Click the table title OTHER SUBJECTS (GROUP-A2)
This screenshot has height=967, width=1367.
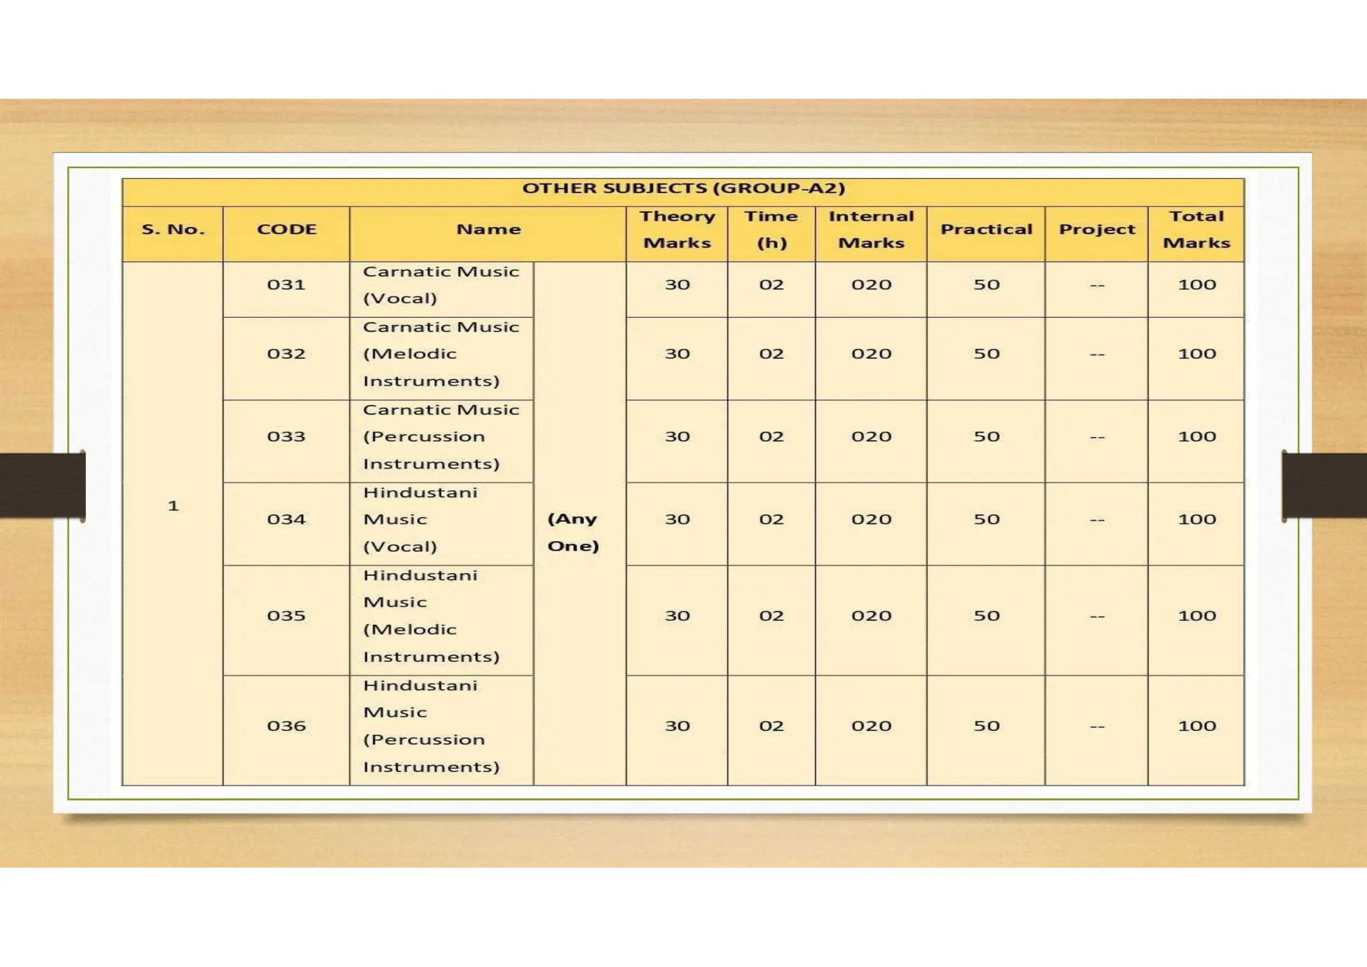point(683,188)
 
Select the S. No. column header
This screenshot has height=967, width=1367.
point(173,230)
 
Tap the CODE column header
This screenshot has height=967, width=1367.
point(286,230)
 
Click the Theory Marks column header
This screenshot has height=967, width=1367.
point(677,230)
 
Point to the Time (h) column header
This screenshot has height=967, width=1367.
point(771,230)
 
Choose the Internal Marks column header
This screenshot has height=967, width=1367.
point(871,230)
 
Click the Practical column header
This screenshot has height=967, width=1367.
point(986,230)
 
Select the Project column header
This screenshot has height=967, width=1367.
point(1097,230)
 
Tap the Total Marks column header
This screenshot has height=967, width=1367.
point(1196,230)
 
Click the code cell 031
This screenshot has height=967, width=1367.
point(286,285)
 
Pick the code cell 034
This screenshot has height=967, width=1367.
point(286,519)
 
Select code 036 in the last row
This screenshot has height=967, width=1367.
point(286,726)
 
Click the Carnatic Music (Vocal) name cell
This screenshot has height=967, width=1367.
point(441,285)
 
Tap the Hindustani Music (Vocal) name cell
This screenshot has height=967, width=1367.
point(421,519)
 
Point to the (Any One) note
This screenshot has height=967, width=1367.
point(573,532)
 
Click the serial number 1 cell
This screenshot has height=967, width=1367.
point(174,506)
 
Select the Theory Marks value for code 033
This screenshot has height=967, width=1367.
point(677,436)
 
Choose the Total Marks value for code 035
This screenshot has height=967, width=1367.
point(1196,616)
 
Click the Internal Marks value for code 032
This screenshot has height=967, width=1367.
point(871,354)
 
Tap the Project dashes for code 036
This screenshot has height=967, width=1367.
point(1097,726)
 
